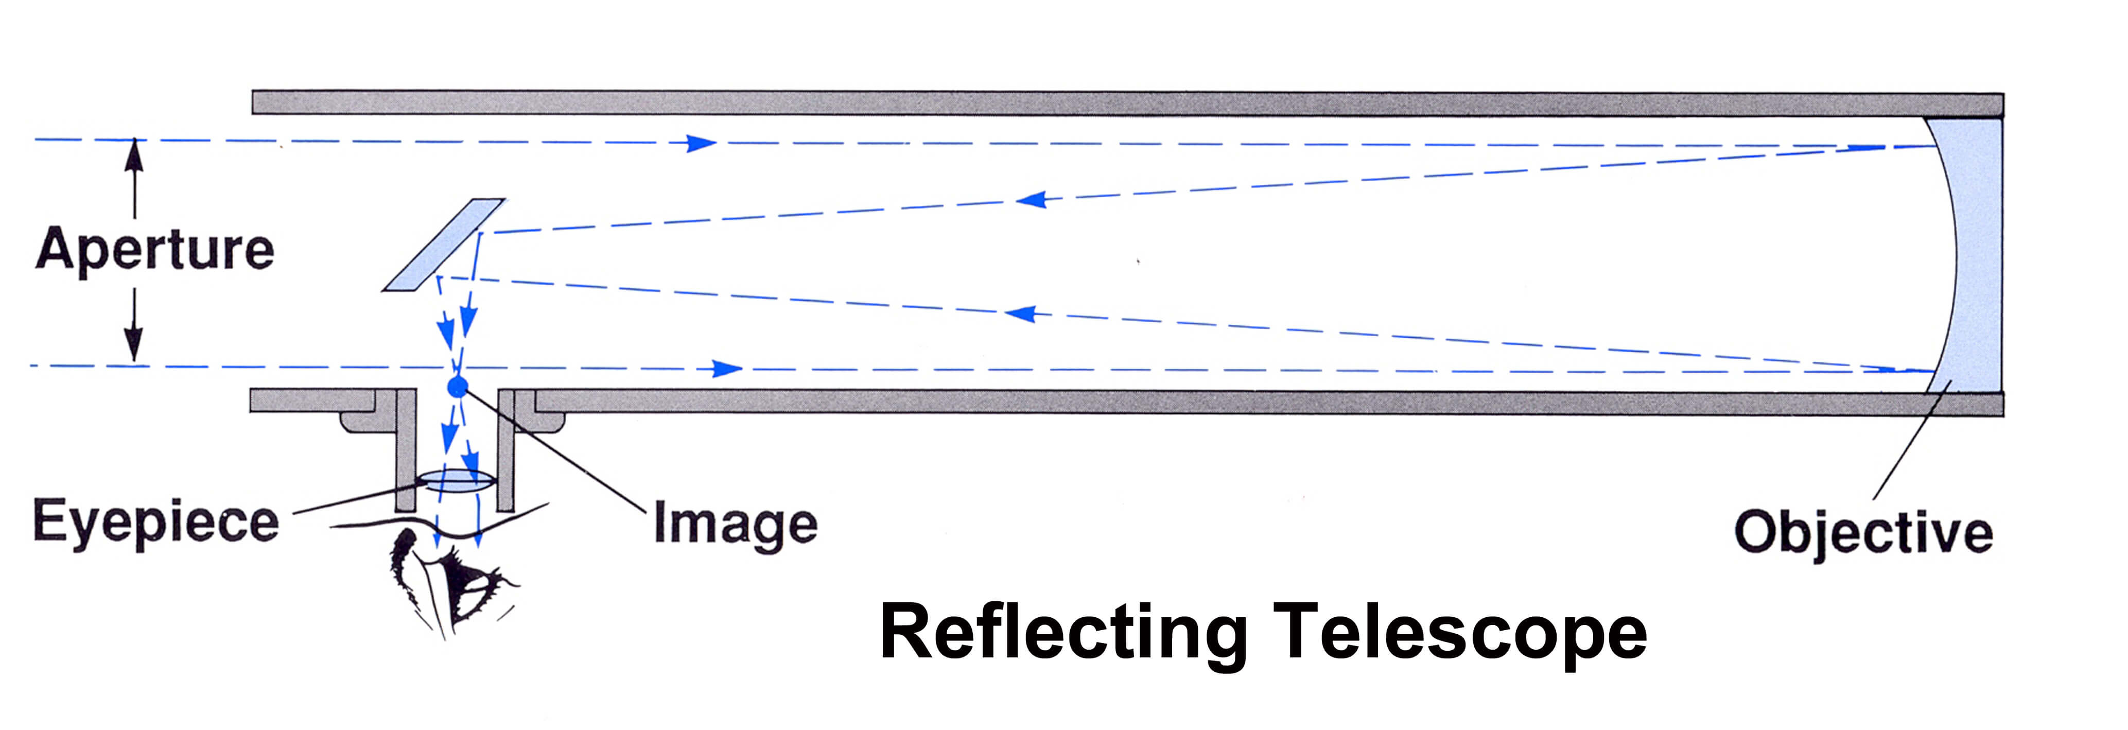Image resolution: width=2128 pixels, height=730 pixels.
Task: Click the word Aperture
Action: [154, 249]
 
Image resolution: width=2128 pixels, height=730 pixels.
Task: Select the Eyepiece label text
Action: [156, 522]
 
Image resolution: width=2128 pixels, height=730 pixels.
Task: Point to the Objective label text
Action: [1863, 533]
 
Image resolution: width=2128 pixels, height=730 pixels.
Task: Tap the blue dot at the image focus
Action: [457, 386]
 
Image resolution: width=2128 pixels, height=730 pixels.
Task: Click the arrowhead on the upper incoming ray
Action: [702, 143]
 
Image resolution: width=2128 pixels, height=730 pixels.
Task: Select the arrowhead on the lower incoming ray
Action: [727, 368]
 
